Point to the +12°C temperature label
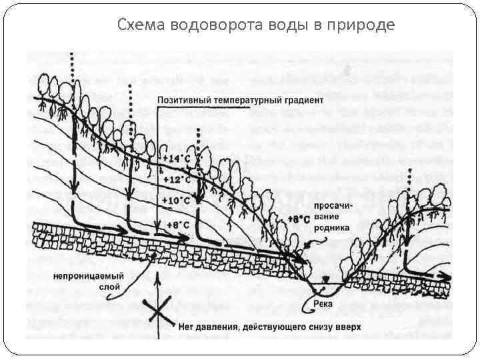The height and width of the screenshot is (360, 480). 175,179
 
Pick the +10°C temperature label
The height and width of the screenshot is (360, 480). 175,200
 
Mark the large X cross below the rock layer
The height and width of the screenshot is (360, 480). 157,313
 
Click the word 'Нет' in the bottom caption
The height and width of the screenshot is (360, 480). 187,327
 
